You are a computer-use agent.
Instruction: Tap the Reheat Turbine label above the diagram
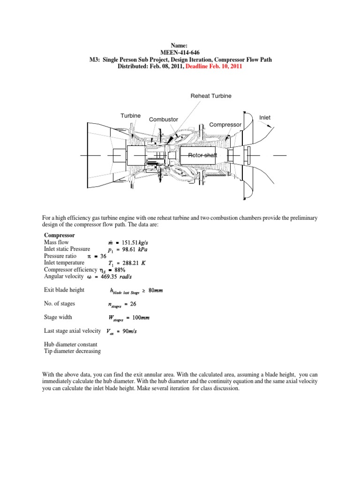210,96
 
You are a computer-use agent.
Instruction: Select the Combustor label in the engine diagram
163,120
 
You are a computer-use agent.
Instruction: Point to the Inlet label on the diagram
265,117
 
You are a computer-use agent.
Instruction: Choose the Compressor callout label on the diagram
225,125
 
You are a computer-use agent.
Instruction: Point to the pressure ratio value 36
104,256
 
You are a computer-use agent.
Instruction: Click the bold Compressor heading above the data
59,235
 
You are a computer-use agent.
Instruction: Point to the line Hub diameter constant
71,344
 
